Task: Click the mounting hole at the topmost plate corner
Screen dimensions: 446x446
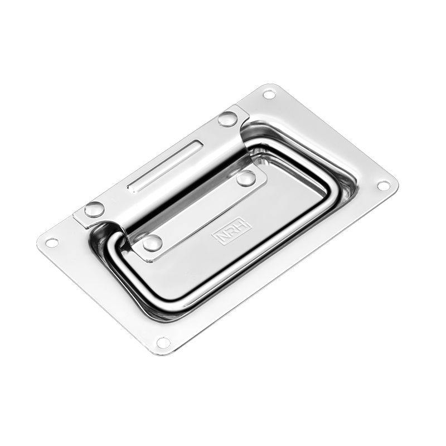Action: point(269,94)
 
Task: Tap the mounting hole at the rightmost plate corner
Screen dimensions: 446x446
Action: point(384,186)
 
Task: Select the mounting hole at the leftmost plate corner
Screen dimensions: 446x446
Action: point(51,243)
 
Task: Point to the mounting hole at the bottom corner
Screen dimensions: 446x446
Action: point(163,342)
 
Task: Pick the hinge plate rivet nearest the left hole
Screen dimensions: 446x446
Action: point(94,210)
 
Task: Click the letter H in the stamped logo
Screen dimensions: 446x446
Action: point(244,224)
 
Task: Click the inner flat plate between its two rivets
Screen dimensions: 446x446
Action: point(198,211)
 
